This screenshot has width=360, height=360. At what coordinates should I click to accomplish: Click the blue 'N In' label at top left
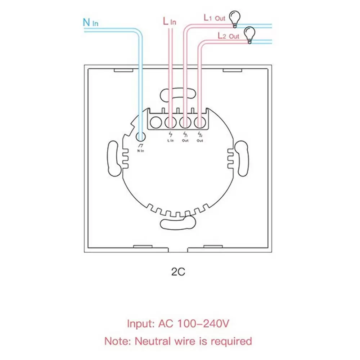point(90,22)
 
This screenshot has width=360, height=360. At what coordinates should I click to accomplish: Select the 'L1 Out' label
point(214,17)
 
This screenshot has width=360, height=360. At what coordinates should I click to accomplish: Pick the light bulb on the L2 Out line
point(249,35)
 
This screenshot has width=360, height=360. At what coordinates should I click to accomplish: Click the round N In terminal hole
point(141,136)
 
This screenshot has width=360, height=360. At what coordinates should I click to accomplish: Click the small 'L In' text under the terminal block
point(170,140)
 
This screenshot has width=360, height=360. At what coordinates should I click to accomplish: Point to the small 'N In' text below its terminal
point(140,150)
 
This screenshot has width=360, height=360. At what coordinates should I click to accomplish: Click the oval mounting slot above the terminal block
point(178,95)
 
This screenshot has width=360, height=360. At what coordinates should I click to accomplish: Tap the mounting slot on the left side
point(114,158)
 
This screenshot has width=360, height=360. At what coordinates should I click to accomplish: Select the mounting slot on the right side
point(241,158)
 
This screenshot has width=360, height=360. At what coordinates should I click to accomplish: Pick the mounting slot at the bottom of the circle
point(178,223)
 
